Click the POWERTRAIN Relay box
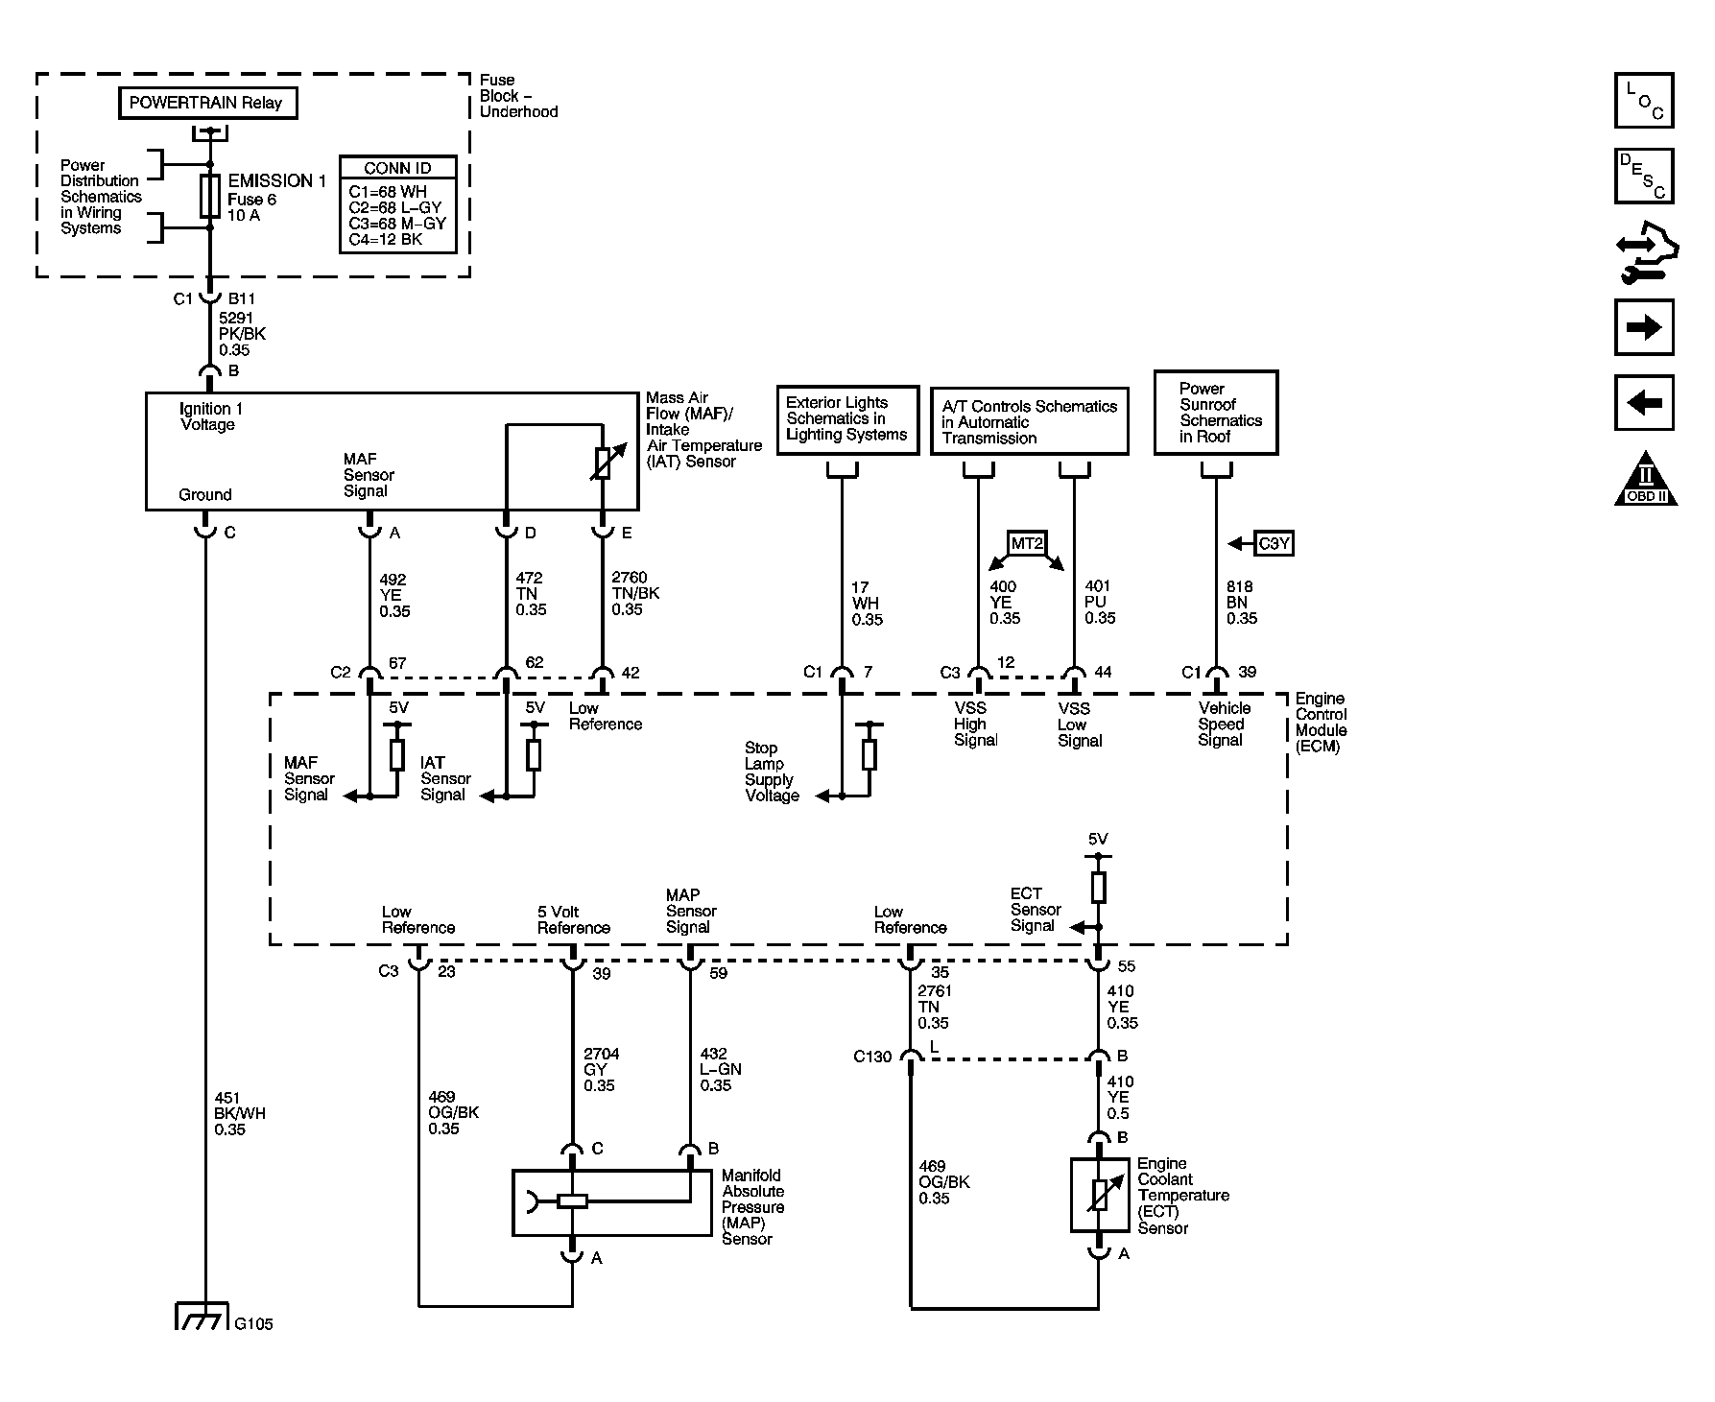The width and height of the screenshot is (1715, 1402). click(x=207, y=103)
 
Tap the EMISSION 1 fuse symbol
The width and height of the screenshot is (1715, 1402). click(x=210, y=196)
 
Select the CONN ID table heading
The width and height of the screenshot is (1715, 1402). click(x=397, y=168)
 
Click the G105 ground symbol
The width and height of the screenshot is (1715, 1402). click(x=202, y=1316)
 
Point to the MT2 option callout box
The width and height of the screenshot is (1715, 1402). click(x=1026, y=543)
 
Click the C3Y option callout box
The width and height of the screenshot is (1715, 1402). click(x=1274, y=543)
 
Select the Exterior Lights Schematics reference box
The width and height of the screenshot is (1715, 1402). click(x=846, y=419)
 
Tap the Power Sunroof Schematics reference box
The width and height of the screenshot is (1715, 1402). click(x=1216, y=413)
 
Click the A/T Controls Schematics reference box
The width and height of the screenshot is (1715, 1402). click(x=1030, y=421)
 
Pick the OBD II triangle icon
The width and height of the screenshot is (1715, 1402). click(x=1646, y=479)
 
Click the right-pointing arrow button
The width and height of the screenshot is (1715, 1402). click(x=1644, y=328)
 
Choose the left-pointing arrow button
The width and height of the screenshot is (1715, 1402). click(x=1644, y=403)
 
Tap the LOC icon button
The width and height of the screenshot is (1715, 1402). click(x=1644, y=101)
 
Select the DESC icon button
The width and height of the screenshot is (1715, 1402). click(x=1644, y=176)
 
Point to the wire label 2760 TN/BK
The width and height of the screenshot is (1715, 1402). click(x=635, y=593)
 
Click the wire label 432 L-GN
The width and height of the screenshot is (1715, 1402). click(x=721, y=1069)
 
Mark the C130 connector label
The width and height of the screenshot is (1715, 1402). click(x=872, y=1057)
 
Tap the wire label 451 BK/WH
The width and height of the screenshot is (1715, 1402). click(x=239, y=1114)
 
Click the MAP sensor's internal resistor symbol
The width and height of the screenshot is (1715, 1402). click(x=573, y=1200)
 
